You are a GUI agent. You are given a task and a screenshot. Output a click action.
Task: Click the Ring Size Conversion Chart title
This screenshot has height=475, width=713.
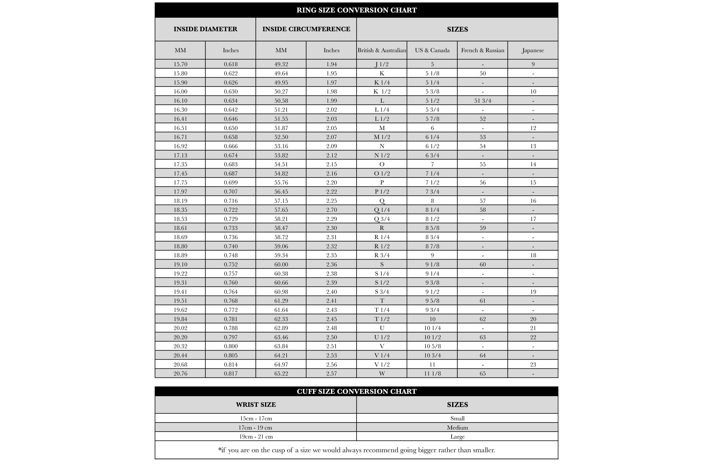pos(356,10)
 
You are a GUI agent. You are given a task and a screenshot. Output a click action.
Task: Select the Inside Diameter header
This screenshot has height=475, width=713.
pos(205,29)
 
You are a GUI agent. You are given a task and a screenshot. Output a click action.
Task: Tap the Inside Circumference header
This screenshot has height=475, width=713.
pos(306,29)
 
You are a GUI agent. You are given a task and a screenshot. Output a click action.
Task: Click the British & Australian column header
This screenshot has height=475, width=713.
pos(381,50)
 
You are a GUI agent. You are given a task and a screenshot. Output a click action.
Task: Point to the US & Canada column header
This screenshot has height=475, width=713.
pos(432,50)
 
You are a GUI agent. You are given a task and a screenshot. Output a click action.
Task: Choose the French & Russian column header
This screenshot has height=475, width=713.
pos(482,50)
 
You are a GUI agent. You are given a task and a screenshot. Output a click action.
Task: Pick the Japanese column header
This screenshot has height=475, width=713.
pos(533,50)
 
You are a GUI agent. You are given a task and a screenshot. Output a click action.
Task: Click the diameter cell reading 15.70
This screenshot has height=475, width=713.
pos(180,64)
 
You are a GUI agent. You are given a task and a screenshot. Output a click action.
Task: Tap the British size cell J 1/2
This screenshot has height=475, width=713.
pos(381,64)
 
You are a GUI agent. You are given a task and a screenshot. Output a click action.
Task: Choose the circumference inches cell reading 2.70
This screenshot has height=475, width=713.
pos(331,210)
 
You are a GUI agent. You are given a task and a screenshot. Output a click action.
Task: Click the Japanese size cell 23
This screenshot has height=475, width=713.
pos(533,364)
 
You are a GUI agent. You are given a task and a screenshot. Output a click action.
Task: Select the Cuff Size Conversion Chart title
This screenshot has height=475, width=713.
pos(356,391)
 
